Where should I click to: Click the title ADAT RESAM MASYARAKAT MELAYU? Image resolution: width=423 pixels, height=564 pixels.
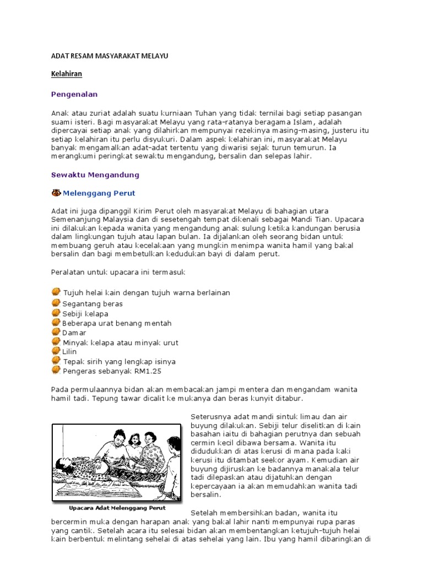pyautogui.click(x=109, y=56)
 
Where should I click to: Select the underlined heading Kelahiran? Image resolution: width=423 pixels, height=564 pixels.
pyautogui.click(x=67, y=73)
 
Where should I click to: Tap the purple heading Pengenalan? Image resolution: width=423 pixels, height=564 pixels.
pyautogui.click(x=74, y=94)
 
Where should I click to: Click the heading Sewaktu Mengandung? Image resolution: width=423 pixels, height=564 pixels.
pyautogui.click(x=95, y=175)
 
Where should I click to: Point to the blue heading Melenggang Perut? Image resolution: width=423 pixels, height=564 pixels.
pyautogui.click(x=99, y=193)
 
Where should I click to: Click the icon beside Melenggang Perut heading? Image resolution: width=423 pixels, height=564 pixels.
pyautogui.click(x=56, y=193)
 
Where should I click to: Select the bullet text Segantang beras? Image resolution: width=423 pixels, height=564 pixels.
pyautogui.click(x=93, y=304)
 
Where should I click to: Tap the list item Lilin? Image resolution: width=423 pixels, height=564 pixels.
pyautogui.click(x=69, y=352)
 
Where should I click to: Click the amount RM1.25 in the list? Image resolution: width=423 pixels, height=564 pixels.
pyautogui.click(x=149, y=371)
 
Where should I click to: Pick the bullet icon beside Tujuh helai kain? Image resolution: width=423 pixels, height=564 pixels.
pyautogui.click(x=56, y=292)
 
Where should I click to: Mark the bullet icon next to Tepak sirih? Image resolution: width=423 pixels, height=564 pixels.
pyautogui.click(x=56, y=361)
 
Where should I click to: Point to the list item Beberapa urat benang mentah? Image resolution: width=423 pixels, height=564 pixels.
pyautogui.click(x=117, y=323)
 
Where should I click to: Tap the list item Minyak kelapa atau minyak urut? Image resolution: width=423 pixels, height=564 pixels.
pyautogui.click(x=120, y=343)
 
